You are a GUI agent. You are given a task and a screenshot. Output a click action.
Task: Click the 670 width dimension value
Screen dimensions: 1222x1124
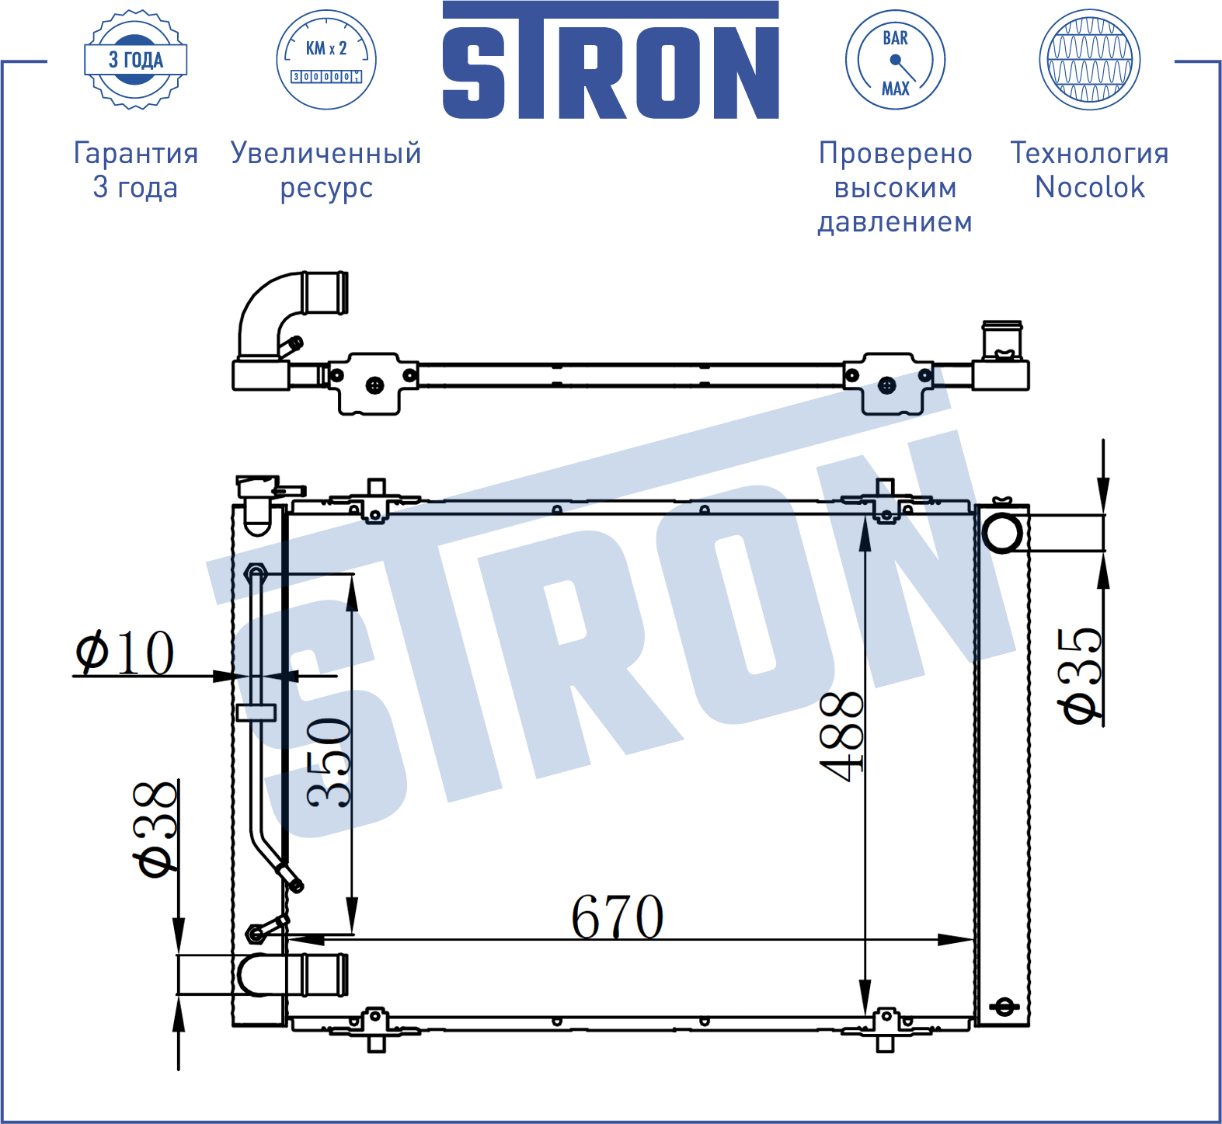(618, 917)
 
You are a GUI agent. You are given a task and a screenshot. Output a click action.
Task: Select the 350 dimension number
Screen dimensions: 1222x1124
(329, 762)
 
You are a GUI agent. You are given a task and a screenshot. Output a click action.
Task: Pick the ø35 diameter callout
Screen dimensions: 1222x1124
(1080, 676)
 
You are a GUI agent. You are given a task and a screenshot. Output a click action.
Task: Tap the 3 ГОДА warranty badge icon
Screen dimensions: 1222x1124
(135, 59)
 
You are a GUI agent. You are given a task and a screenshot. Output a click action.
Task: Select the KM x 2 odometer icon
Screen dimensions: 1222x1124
(326, 59)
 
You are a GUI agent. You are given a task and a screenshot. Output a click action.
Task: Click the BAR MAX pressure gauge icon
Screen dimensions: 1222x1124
(895, 59)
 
